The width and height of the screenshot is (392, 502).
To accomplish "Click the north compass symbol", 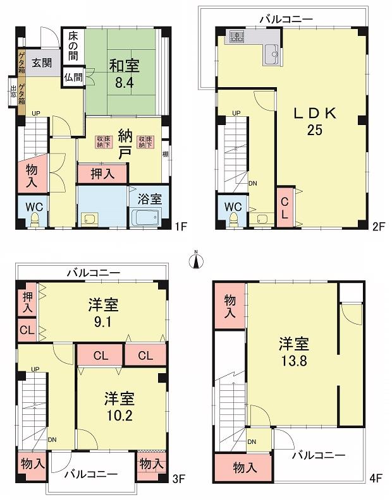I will [x=196, y=260].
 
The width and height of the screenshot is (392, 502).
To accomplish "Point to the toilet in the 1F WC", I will [x=35, y=220].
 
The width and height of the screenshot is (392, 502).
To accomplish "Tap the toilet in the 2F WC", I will [x=233, y=219].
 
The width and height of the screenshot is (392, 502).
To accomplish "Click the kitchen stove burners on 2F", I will [x=237, y=37].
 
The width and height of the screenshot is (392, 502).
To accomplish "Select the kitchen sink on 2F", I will [x=273, y=54].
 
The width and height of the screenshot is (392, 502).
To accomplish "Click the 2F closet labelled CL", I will [x=285, y=208].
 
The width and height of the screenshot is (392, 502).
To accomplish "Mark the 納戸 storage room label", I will [x=125, y=143].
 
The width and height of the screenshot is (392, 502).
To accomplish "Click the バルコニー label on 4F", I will [x=318, y=455].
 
